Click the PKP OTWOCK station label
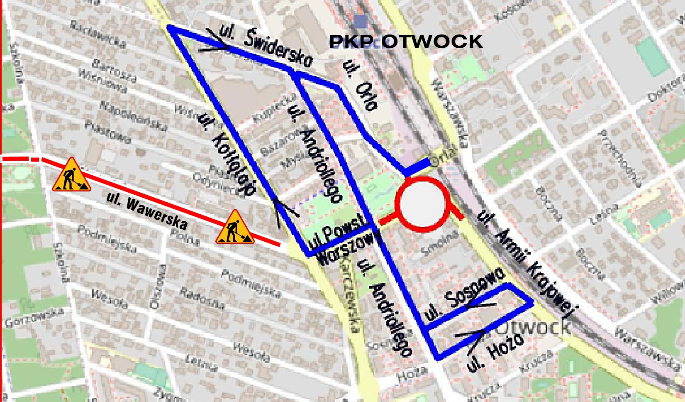point(406,42)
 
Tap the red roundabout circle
point(423,204)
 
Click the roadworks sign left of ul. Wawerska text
point(71,175)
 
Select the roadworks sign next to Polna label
point(235,227)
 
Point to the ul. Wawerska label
point(147,211)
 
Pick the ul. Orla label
point(360,86)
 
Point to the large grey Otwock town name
point(533,326)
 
